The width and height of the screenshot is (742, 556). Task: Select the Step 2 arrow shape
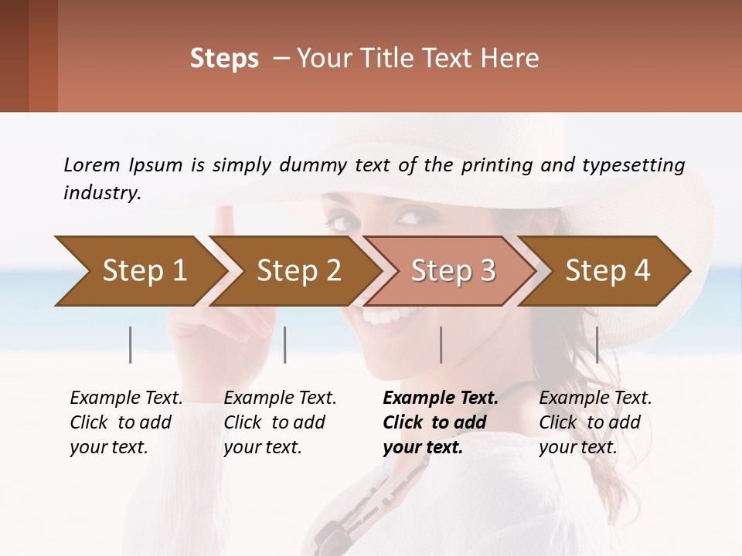pos(294,271)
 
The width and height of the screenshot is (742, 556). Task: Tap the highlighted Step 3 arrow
pos(448,271)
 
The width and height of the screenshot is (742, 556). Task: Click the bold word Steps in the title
pos(224,58)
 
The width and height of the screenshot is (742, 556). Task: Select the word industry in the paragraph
pos(102,192)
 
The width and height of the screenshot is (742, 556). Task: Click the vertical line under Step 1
pos(131,344)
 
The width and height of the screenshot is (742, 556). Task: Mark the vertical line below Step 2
pos(285,344)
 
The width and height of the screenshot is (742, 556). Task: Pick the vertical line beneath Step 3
pos(441,344)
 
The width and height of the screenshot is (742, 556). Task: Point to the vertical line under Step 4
pos(597,344)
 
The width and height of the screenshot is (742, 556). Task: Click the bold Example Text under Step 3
pos(441,398)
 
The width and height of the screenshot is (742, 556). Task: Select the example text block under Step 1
pos(126,422)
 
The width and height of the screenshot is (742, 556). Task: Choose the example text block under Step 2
pos(280,422)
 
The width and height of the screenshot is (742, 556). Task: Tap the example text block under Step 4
pos(595,422)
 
